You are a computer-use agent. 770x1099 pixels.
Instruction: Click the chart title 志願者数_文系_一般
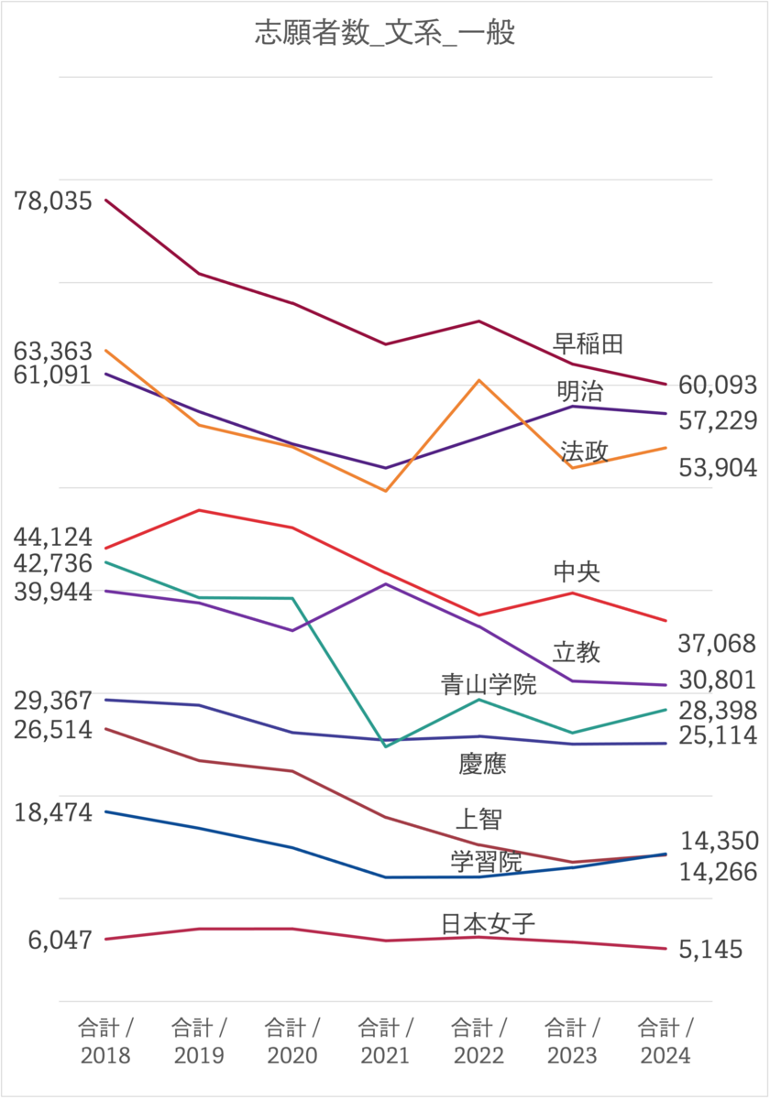pyautogui.click(x=384, y=34)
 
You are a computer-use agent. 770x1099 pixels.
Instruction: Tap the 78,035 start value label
pyautogui.click(x=53, y=201)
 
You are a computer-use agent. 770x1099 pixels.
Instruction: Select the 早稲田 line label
pyautogui.click(x=588, y=343)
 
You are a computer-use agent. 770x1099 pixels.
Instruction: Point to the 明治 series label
pyautogui.click(x=580, y=391)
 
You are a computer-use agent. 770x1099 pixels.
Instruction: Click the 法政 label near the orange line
pyautogui.click(x=585, y=451)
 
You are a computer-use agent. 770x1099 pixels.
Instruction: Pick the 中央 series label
pyautogui.click(x=577, y=572)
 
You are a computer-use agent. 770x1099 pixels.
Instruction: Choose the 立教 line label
pyautogui.click(x=577, y=652)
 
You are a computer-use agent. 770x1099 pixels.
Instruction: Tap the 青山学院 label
pyautogui.click(x=488, y=683)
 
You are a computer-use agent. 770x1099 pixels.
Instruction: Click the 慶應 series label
pyautogui.click(x=482, y=764)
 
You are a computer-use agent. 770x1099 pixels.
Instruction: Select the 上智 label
pyautogui.click(x=478, y=818)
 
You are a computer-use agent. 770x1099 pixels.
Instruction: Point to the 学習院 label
pyautogui.click(x=486, y=862)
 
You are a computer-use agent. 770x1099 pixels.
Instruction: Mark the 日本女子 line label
pyautogui.click(x=488, y=922)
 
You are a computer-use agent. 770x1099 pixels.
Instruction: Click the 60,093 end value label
pyautogui.click(x=718, y=386)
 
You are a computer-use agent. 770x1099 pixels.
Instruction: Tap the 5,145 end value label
pyautogui.click(x=710, y=950)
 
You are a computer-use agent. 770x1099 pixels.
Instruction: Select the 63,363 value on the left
pyautogui.click(x=53, y=351)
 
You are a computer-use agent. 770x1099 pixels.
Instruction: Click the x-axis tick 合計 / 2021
pyautogui.click(x=385, y=1040)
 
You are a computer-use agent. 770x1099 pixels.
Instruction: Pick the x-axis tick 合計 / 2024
pyautogui.click(x=665, y=1040)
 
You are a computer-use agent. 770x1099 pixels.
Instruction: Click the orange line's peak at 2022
pyautogui.click(x=479, y=380)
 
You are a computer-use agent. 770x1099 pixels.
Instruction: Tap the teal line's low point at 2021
pyautogui.click(x=386, y=746)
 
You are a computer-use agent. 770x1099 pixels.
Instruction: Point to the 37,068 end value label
pyautogui.click(x=718, y=644)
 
